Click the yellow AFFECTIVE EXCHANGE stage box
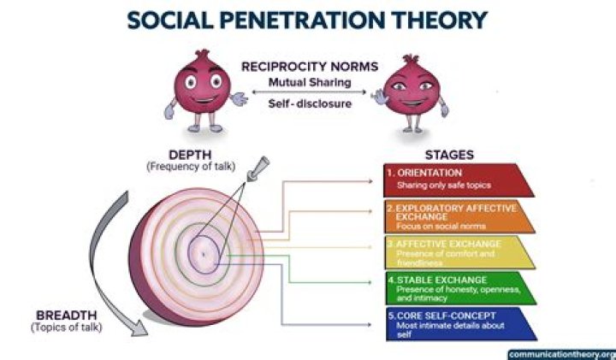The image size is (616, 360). [458, 252]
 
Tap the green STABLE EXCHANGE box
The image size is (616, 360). [458, 288]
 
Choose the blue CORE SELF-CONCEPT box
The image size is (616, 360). [458, 324]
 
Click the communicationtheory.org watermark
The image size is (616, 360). [560, 353]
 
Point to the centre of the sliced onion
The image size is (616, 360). [204, 253]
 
